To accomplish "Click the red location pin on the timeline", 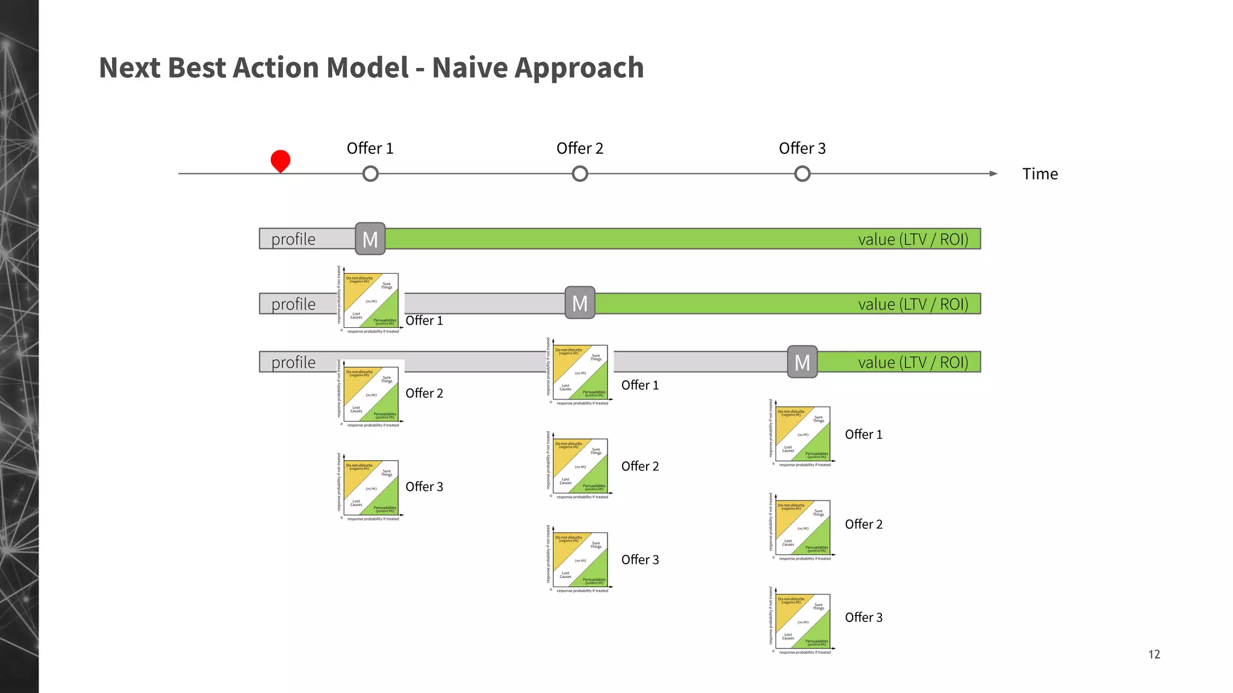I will click(281, 161).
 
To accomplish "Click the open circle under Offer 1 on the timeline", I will click(370, 174).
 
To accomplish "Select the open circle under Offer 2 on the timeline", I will click(580, 174).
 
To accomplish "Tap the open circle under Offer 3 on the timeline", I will click(802, 174).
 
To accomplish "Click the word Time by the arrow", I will click(1040, 174).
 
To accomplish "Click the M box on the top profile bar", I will click(370, 239).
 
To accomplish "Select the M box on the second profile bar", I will click(580, 303).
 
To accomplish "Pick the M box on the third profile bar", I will click(802, 362).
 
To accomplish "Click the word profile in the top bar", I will click(293, 239).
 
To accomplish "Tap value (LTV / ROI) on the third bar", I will click(913, 362).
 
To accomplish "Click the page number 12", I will click(1154, 654).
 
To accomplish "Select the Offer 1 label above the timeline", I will click(370, 149).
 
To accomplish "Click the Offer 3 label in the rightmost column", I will click(863, 617).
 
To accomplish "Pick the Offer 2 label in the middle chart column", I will click(639, 466).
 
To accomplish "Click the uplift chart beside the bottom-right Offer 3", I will click(803, 621).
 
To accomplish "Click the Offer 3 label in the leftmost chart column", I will click(424, 487).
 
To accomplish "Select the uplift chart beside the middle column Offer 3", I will click(580, 559).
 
